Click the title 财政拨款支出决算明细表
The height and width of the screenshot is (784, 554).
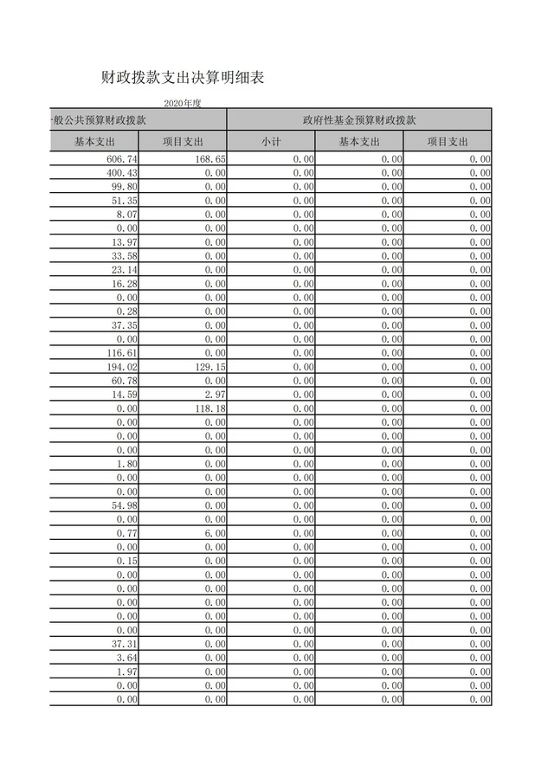click(x=182, y=78)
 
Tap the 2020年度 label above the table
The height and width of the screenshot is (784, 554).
click(x=182, y=104)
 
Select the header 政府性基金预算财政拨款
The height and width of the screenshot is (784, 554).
click(x=359, y=120)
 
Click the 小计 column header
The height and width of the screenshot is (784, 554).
click(x=270, y=142)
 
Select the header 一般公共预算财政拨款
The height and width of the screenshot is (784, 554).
click(x=99, y=120)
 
